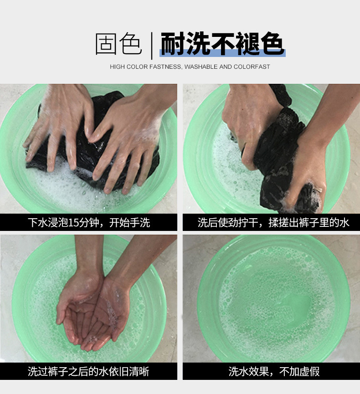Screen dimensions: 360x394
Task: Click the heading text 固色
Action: tap(118, 44)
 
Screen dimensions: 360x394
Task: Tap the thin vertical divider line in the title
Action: tap(152, 46)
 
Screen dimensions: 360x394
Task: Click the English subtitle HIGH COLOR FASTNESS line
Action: tap(190, 67)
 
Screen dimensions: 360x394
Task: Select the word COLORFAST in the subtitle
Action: tap(252, 67)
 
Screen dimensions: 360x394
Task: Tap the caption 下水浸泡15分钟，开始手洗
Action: tap(89, 223)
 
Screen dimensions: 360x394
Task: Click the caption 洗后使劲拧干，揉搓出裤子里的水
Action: tap(273, 223)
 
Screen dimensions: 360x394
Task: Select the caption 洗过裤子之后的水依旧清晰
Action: tap(88, 371)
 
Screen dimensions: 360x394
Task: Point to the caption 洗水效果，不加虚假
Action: tap(274, 371)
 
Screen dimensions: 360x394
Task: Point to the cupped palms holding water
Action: tap(93, 314)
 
